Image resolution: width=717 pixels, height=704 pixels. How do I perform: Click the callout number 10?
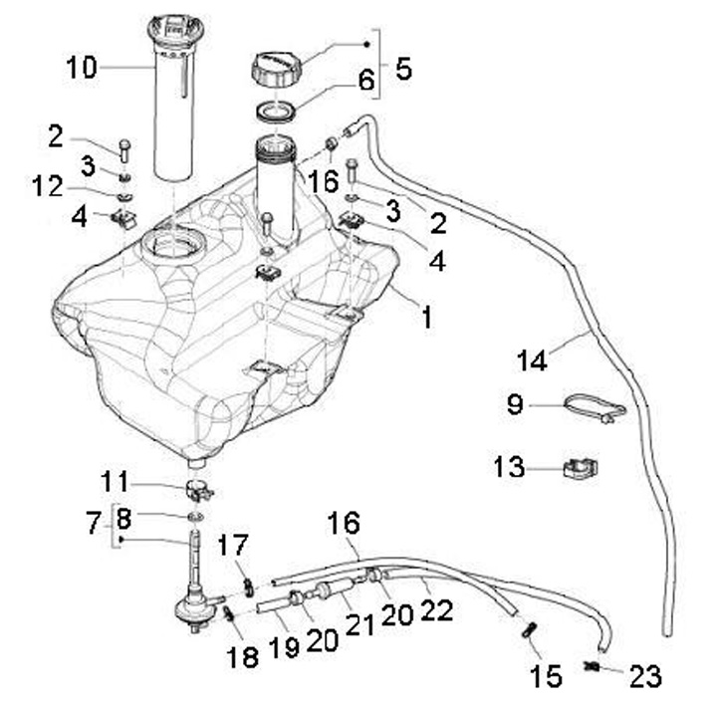point(82,68)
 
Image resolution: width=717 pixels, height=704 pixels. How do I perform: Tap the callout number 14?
point(533,359)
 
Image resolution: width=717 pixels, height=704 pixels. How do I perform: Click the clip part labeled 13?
point(582,467)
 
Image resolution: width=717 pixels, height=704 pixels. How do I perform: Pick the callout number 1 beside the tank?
point(427,319)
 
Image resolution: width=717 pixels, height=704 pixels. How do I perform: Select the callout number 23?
point(645,677)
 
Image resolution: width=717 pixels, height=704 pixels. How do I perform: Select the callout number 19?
point(282,648)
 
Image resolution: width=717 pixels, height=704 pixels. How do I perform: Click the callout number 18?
point(242,656)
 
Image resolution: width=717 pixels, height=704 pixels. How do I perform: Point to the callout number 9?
point(515,405)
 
